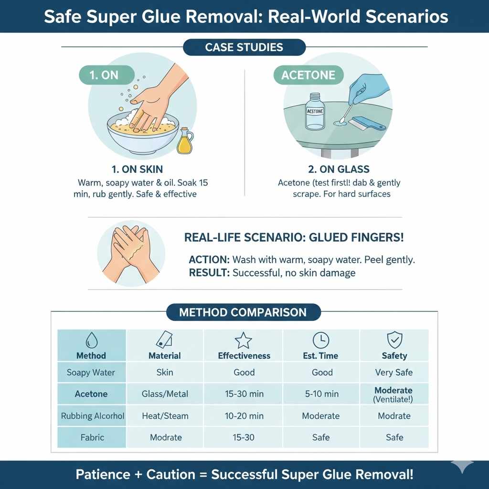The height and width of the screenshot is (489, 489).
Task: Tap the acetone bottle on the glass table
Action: pyautogui.click(x=315, y=112)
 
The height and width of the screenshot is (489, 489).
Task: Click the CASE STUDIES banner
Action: pyautogui.click(x=244, y=47)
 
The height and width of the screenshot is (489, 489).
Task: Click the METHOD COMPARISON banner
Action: pyautogui.click(x=243, y=313)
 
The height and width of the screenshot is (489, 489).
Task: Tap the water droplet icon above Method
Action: pyautogui.click(x=91, y=340)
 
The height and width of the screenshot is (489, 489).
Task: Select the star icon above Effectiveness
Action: pyautogui.click(x=244, y=340)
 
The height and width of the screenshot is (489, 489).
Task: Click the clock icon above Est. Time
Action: pyautogui.click(x=321, y=340)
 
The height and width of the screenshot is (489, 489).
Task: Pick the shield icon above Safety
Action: pyautogui.click(x=394, y=340)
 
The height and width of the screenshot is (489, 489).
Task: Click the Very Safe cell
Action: pyautogui.click(x=394, y=372)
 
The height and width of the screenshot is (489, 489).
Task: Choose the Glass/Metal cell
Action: pyautogui.click(x=165, y=394)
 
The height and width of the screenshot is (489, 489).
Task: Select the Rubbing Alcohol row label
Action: pyautogui.click(x=93, y=416)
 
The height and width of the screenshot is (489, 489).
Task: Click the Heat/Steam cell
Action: pyautogui.click(x=165, y=416)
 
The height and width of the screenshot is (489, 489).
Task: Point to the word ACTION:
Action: pyautogui.click(x=209, y=260)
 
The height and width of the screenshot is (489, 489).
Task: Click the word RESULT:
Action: pyautogui.click(x=209, y=273)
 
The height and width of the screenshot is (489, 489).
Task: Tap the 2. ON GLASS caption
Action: pyautogui.click(x=339, y=169)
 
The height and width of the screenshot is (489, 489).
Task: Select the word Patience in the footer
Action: pyautogui.click(x=103, y=475)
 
